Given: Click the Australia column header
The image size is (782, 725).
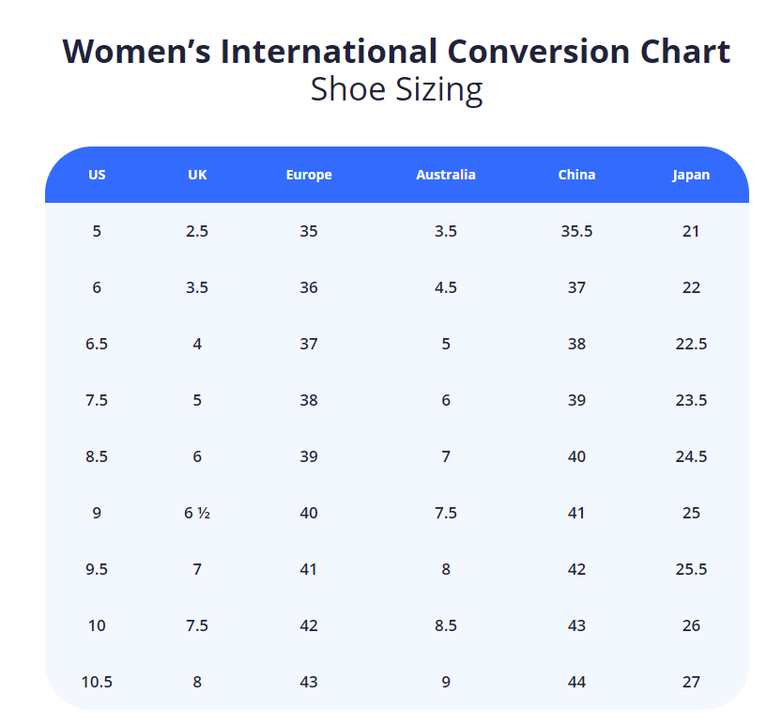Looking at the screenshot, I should tap(446, 175).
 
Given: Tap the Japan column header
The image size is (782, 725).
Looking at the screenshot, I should tap(691, 175).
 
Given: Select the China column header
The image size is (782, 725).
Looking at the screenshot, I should tap(576, 175).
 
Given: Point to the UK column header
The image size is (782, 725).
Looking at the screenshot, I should tap(197, 175).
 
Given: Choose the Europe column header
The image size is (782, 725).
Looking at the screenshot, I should tap(309, 175).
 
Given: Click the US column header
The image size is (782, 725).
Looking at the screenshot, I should tap(97, 175).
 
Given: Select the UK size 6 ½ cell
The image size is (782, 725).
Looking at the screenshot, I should tap(197, 513).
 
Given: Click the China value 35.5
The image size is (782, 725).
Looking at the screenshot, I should tap(576, 231).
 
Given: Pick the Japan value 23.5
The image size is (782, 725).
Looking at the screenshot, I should tap(691, 400).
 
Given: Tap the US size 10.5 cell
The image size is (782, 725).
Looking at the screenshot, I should tap(97, 682).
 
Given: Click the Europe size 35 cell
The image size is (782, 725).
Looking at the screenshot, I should tap(309, 231).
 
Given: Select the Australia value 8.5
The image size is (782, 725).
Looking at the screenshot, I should tap(446, 625).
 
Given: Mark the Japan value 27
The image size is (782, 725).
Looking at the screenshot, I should tap(691, 682).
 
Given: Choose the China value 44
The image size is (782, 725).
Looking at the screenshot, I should tap(576, 682).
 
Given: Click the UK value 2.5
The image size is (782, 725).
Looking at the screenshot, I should tap(197, 231).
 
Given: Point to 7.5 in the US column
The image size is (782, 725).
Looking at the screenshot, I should tap(97, 400).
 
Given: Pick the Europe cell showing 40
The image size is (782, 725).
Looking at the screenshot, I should tap(309, 513).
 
